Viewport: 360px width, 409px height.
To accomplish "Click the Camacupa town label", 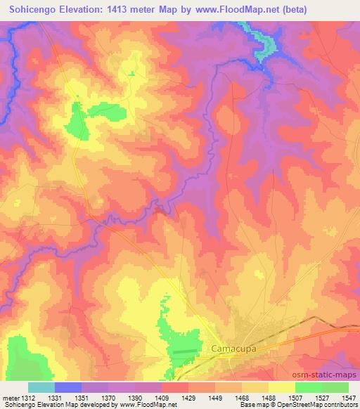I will point(233,348).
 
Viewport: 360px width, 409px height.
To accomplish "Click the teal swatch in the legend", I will point(41,387).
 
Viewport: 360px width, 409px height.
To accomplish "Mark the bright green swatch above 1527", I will point(309,387).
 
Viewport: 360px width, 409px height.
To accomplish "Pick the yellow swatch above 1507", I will point(282,387).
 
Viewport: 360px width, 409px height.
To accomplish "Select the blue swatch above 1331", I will point(68,387).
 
